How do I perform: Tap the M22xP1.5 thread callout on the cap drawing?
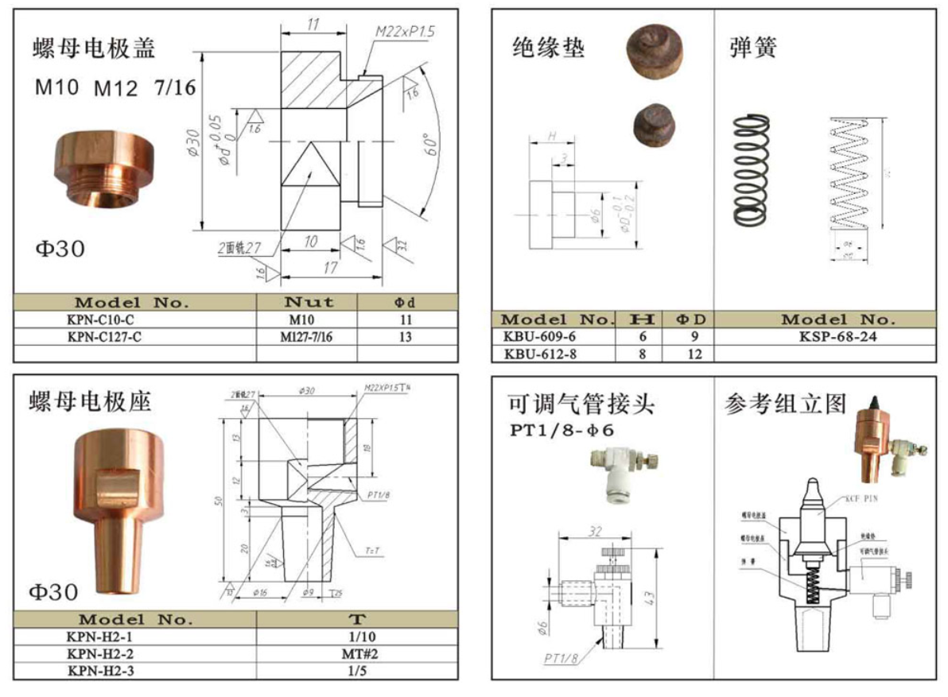[406, 32]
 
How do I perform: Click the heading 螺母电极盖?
[94, 48]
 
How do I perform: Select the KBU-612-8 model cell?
[541, 354]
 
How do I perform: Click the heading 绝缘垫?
[548, 48]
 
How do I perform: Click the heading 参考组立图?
[783, 404]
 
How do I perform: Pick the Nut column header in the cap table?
[308, 302]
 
